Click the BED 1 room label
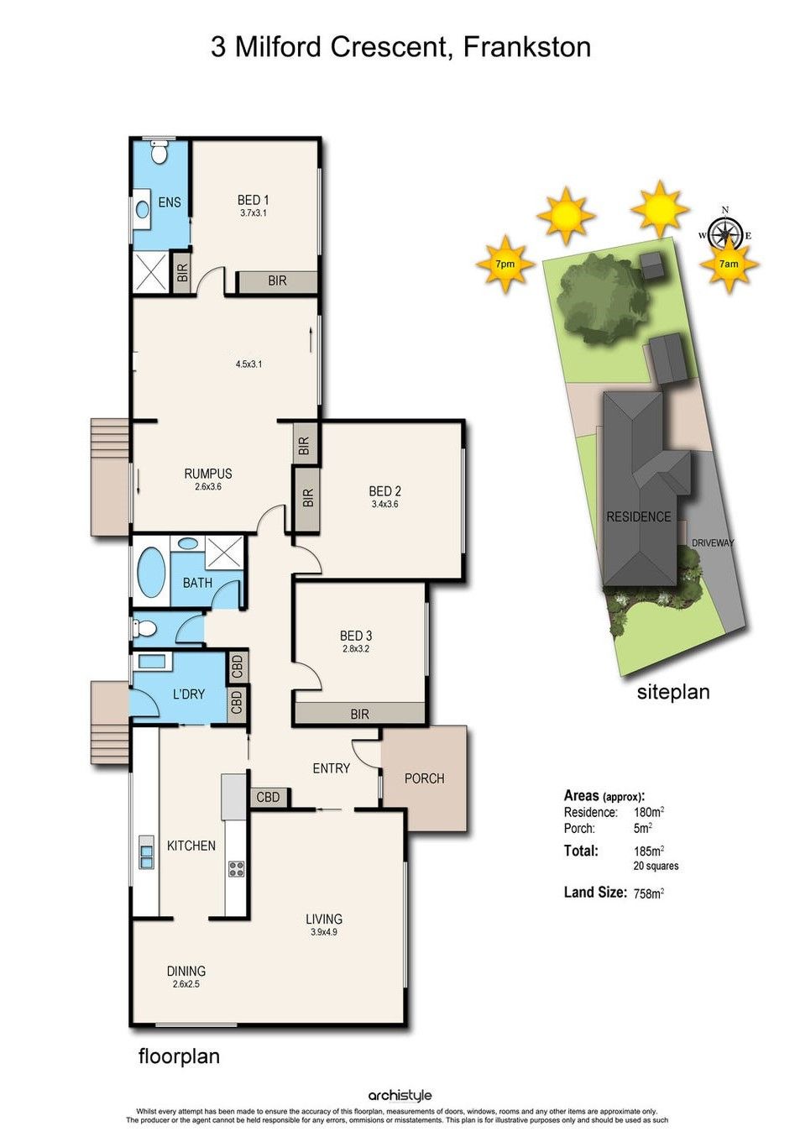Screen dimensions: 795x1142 tap(253, 199)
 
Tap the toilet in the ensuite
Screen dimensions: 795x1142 tap(159, 152)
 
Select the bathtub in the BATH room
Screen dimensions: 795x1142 tap(151, 572)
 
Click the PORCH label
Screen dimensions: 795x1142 tap(424, 778)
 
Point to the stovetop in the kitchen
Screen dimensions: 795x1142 tap(236, 868)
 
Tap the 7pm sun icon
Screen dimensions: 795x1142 tap(505, 264)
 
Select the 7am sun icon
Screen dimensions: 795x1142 tap(730, 264)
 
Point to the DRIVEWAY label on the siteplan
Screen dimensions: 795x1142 tap(713, 543)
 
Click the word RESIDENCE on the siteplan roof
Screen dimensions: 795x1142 tap(639, 517)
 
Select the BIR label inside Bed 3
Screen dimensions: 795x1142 tap(359, 714)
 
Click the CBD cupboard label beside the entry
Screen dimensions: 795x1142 tap(268, 796)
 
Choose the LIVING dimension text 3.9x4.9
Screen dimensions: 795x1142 tap(323, 932)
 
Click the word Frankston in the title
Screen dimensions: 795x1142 tap(527, 47)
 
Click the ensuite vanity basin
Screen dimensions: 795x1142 tap(142, 209)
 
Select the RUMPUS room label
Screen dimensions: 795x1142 tap(208, 474)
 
